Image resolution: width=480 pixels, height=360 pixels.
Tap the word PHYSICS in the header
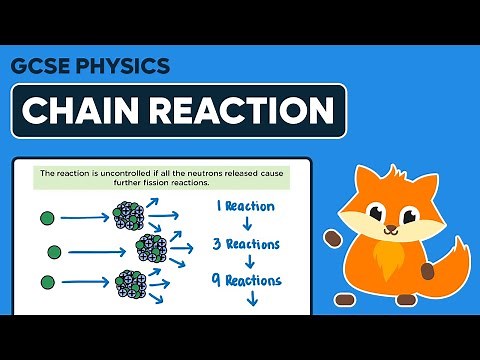pyautogui.click(x=123, y=67)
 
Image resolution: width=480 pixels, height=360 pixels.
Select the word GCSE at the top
pyautogui.click(x=42, y=67)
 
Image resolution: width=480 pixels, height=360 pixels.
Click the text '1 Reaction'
pyautogui.click(x=248, y=208)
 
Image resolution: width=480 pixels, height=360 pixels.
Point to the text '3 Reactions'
pyautogui.click(x=248, y=243)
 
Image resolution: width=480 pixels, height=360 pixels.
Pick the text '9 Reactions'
pyautogui.click(x=248, y=281)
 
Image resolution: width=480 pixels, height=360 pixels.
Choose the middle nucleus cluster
pyautogui.click(x=155, y=246)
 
